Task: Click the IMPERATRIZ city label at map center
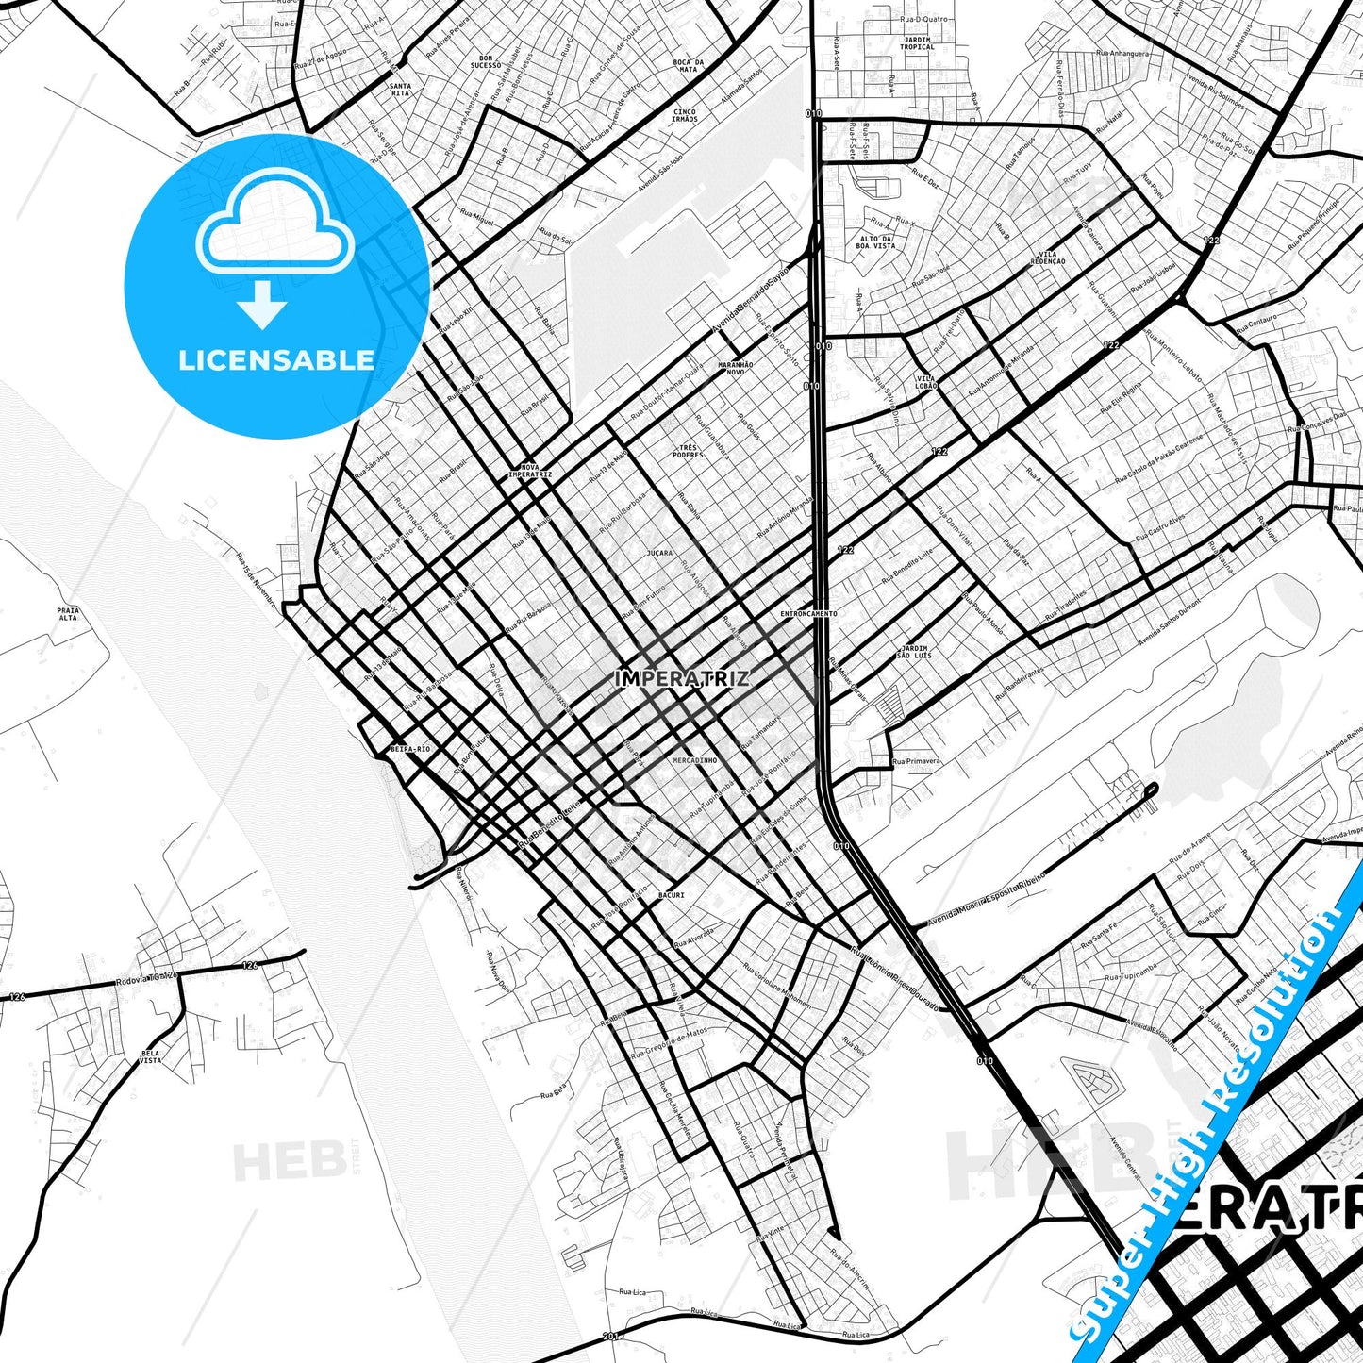coord(682,677)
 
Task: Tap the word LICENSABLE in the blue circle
coord(276,359)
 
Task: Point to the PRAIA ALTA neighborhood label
coord(68,614)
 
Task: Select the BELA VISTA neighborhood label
coord(150,1056)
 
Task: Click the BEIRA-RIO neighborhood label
coord(409,749)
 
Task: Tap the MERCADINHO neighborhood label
coord(695,759)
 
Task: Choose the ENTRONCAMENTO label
coord(808,613)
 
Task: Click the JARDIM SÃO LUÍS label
coord(914,652)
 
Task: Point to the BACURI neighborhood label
coord(671,894)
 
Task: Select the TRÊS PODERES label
coord(690,451)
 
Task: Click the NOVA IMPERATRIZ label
coord(529,471)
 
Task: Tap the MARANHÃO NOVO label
coord(736,368)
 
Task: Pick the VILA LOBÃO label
coord(926,382)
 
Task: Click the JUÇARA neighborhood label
coord(660,553)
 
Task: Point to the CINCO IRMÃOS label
coord(685,116)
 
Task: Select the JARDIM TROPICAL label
coord(917,42)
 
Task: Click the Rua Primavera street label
coord(916,760)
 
